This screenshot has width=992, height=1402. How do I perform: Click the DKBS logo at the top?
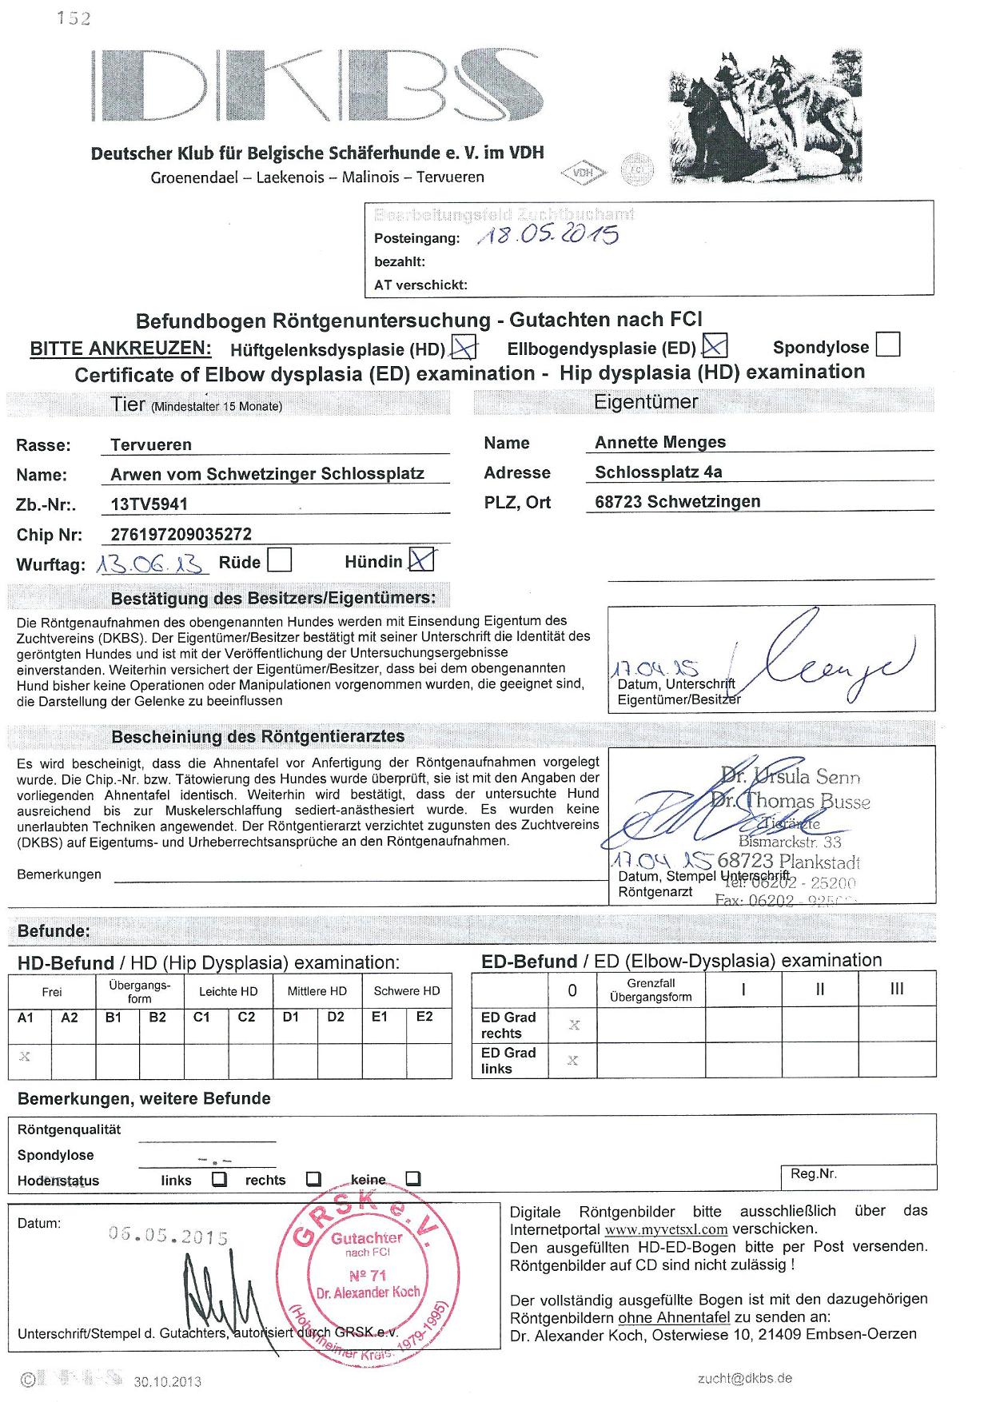[316, 86]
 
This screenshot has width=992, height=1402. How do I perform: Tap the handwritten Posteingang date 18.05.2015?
[548, 234]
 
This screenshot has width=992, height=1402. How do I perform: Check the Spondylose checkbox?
[888, 345]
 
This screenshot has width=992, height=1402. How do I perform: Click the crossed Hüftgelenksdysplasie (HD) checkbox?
[464, 346]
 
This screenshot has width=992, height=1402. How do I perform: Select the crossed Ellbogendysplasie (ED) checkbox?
[714, 345]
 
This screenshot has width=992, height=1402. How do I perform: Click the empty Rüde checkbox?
[279, 560]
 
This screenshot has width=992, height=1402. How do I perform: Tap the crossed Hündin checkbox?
[421, 560]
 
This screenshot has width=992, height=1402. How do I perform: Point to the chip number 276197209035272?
[181, 534]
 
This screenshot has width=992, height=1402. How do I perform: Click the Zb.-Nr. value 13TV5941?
[149, 504]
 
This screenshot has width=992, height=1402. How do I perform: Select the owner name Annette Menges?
[660, 442]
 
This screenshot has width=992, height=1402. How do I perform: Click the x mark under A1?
[25, 1057]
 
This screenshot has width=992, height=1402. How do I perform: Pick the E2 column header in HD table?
[424, 1017]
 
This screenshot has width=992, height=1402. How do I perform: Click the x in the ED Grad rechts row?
[573, 1025]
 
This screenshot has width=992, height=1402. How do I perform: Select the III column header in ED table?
[897, 990]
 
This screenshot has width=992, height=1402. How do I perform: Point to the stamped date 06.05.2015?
[169, 1236]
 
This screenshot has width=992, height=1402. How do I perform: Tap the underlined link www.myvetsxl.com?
[666, 1229]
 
